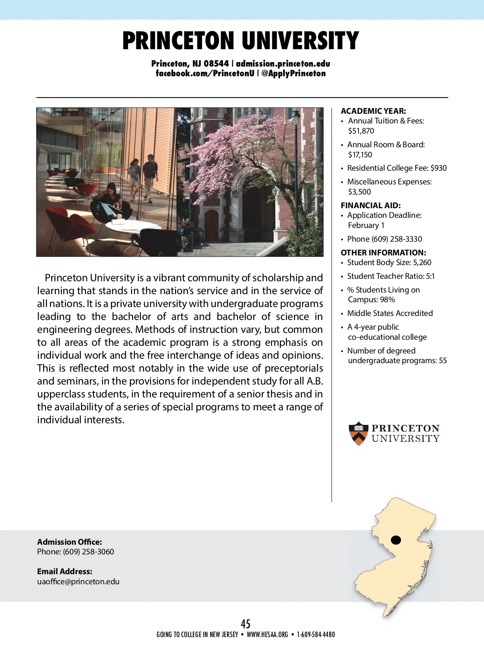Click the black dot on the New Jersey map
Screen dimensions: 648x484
396,540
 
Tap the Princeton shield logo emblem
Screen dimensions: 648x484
358,433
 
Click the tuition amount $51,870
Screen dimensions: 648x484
361,131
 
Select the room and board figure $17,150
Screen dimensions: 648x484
360,155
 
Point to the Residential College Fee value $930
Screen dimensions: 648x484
438,168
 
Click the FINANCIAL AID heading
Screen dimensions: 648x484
371,205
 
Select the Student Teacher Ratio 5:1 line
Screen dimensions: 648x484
391,276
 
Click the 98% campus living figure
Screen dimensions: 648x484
387,300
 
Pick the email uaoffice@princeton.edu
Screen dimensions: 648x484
78,582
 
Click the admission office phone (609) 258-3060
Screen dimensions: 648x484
88,552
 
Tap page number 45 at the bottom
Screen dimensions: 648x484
246,624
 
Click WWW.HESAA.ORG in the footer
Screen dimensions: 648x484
267,635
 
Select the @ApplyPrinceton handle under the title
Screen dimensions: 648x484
293,73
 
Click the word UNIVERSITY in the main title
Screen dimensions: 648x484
300,41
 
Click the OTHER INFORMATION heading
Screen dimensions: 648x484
383,253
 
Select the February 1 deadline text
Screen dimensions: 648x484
366,226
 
